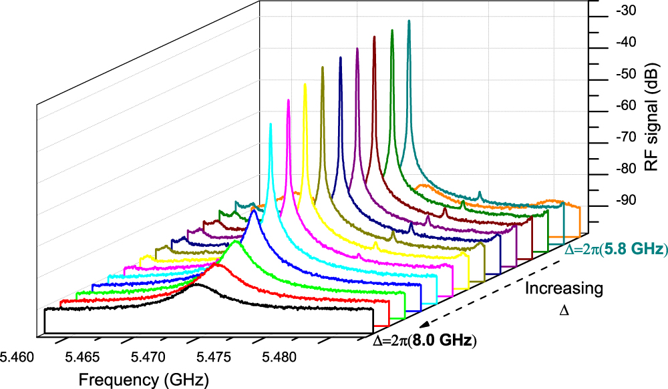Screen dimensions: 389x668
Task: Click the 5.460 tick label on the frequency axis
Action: (20, 358)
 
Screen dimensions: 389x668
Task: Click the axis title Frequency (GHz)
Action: (144, 380)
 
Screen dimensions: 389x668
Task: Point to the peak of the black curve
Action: (196, 285)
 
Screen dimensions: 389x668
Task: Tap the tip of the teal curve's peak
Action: (409, 21)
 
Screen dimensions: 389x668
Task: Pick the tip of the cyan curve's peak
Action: (271, 123)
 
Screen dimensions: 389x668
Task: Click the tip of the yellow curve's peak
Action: (305, 83)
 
